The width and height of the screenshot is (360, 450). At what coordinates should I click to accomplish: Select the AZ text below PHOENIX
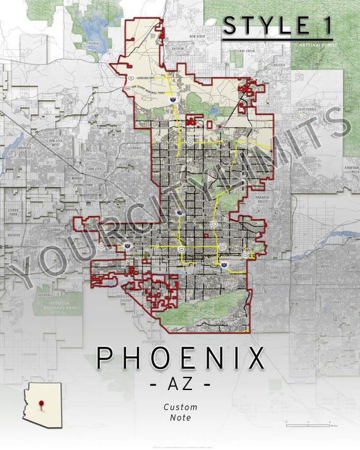tap(180, 383)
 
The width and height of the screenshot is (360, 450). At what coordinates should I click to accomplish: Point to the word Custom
tap(180, 406)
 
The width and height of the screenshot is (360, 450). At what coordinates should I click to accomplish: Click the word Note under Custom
tap(180, 417)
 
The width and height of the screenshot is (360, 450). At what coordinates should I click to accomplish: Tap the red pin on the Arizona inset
tap(42, 403)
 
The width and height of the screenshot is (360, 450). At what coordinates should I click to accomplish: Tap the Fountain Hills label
tap(351, 169)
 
